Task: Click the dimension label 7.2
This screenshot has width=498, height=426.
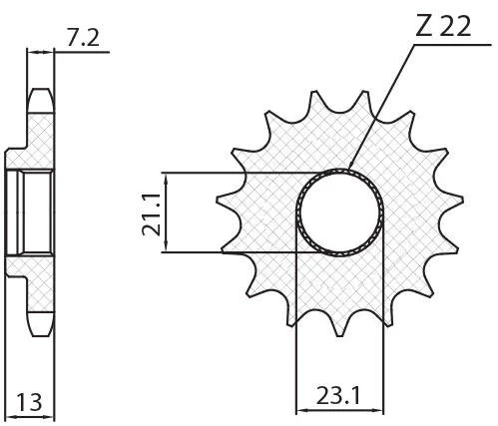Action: pyautogui.click(x=83, y=38)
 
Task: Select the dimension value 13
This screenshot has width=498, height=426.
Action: pyautogui.click(x=30, y=402)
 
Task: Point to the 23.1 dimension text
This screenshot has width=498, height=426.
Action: pyautogui.click(x=337, y=396)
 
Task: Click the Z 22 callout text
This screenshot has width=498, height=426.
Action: pyautogui.click(x=443, y=26)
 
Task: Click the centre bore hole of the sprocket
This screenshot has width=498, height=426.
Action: pyautogui.click(x=339, y=213)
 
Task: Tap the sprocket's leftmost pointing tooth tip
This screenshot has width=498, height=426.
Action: pyautogui.click(x=218, y=200)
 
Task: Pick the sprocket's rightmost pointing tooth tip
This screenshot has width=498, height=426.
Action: pyautogui.click(x=462, y=200)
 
